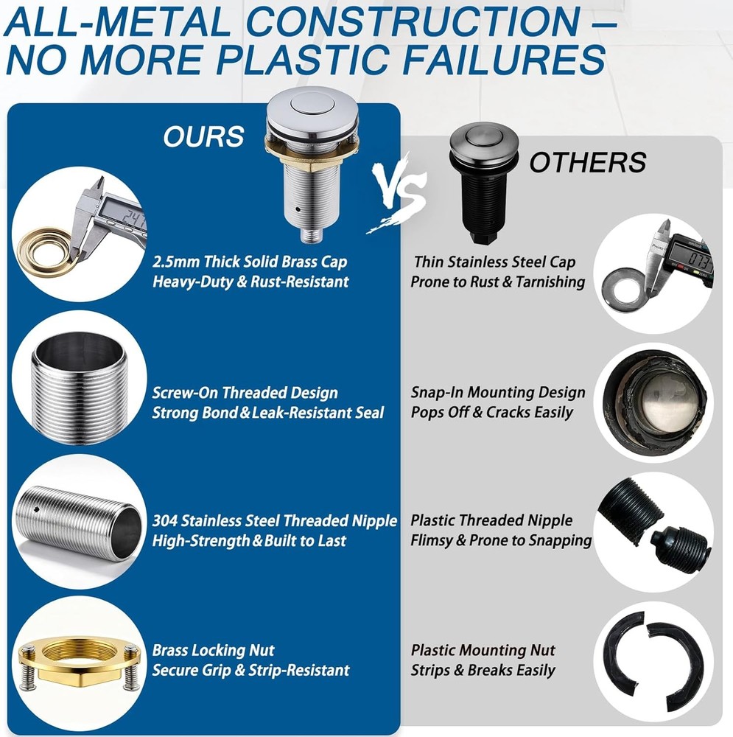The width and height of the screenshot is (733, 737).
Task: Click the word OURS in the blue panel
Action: (x=203, y=136)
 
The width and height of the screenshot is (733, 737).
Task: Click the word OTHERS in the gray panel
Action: (x=588, y=162)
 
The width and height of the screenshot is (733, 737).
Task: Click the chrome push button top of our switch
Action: (x=312, y=112)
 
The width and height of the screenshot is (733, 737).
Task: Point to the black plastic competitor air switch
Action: (x=483, y=184)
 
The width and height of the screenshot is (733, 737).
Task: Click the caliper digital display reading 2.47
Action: (x=127, y=216)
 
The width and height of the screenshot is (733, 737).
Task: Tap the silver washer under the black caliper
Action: (x=626, y=287)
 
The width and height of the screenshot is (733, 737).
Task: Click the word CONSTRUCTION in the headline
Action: (x=414, y=21)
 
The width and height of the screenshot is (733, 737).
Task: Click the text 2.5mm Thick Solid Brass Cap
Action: (x=250, y=262)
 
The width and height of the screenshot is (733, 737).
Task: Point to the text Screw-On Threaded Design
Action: (x=245, y=393)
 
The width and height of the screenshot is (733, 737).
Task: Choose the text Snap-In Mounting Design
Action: (x=498, y=392)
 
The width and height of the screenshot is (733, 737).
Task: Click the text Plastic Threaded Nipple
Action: (x=491, y=520)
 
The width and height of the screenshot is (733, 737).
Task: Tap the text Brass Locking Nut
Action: (x=214, y=650)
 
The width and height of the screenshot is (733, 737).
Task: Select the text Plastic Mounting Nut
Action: (x=483, y=650)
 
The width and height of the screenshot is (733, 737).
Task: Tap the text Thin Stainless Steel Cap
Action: (x=495, y=262)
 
